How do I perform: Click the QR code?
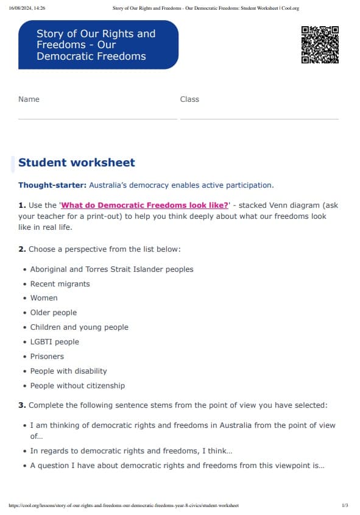320,44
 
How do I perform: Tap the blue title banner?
98,44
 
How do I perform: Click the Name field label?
29,99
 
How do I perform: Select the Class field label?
189,99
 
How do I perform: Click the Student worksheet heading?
77,163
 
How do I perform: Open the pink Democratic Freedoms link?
145,205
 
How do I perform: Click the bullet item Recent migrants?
60,283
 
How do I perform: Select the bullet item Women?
44,298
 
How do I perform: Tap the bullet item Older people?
54,313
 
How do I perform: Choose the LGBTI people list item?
55,342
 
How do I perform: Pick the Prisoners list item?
47,357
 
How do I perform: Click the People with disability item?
68,371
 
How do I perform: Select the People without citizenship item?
77,386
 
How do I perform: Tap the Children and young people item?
79,327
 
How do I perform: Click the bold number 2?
22,249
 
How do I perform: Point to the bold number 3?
22,405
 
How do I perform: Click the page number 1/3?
345,506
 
